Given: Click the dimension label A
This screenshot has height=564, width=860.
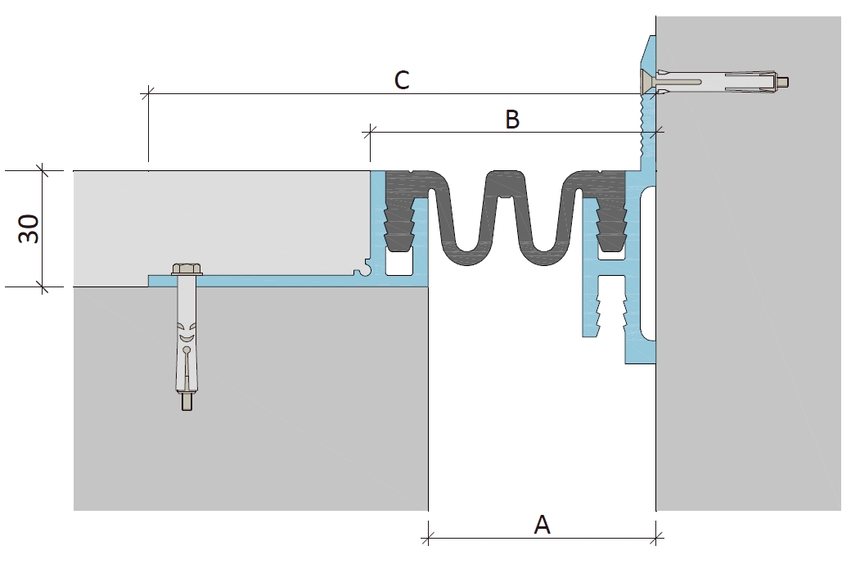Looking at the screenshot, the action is coord(542,525).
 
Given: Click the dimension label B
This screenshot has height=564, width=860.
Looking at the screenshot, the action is coord(512,119).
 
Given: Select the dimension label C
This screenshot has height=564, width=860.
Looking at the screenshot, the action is coord(402,80).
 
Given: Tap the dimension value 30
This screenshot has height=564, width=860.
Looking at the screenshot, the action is coord(29,228).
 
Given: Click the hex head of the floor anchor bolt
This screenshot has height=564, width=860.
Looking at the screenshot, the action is coord(187,268).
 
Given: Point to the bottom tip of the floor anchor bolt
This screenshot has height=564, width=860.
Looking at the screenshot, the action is coord(187,408).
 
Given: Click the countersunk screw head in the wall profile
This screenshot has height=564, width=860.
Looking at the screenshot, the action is coord(648,83).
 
